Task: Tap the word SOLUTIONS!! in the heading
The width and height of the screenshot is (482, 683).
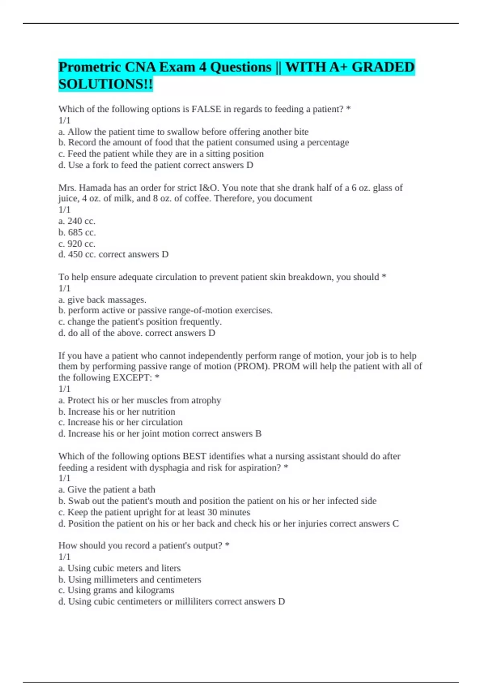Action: coord(106,84)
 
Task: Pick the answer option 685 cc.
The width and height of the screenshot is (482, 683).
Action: coord(82,232)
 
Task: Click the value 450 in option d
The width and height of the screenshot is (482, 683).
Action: coord(75,254)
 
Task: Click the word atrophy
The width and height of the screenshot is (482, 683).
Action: coord(206,400)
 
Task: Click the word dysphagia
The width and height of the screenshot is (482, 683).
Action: coord(170,468)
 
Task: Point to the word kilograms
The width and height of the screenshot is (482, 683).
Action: coord(155,590)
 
